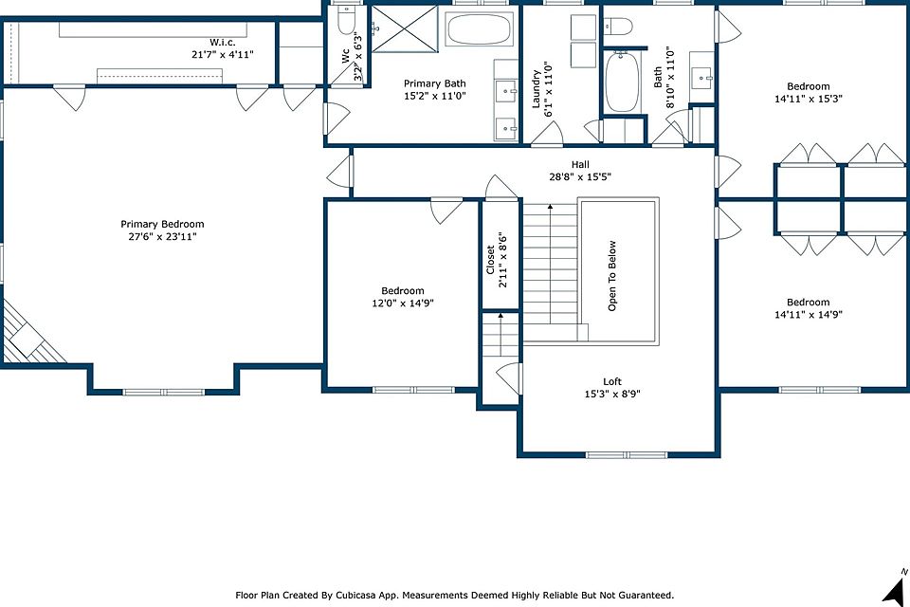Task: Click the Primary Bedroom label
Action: [x=162, y=224]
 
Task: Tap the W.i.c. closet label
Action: [x=223, y=43]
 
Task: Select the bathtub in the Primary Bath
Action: [x=480, y=29]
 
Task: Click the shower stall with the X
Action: [x=404, y=29]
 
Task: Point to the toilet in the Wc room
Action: [x=346, y=20]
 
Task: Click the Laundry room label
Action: [x=537, y=89]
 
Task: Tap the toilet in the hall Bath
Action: [x=618, y=26]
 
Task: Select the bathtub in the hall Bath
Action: [x=622, y=82]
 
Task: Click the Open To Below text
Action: [x=611, y=276]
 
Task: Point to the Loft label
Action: [x=612, y=381]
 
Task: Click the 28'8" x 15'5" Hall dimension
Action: [x=580, y=177]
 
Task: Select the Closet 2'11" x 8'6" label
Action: [x=497, y=260]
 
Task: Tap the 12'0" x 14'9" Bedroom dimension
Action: [x=403, y=303]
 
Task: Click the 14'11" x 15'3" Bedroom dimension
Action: [x=809, y=99]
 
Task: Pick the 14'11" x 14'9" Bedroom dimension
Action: [x=809, y=315]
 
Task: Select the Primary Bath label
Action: [x=435, y=83]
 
